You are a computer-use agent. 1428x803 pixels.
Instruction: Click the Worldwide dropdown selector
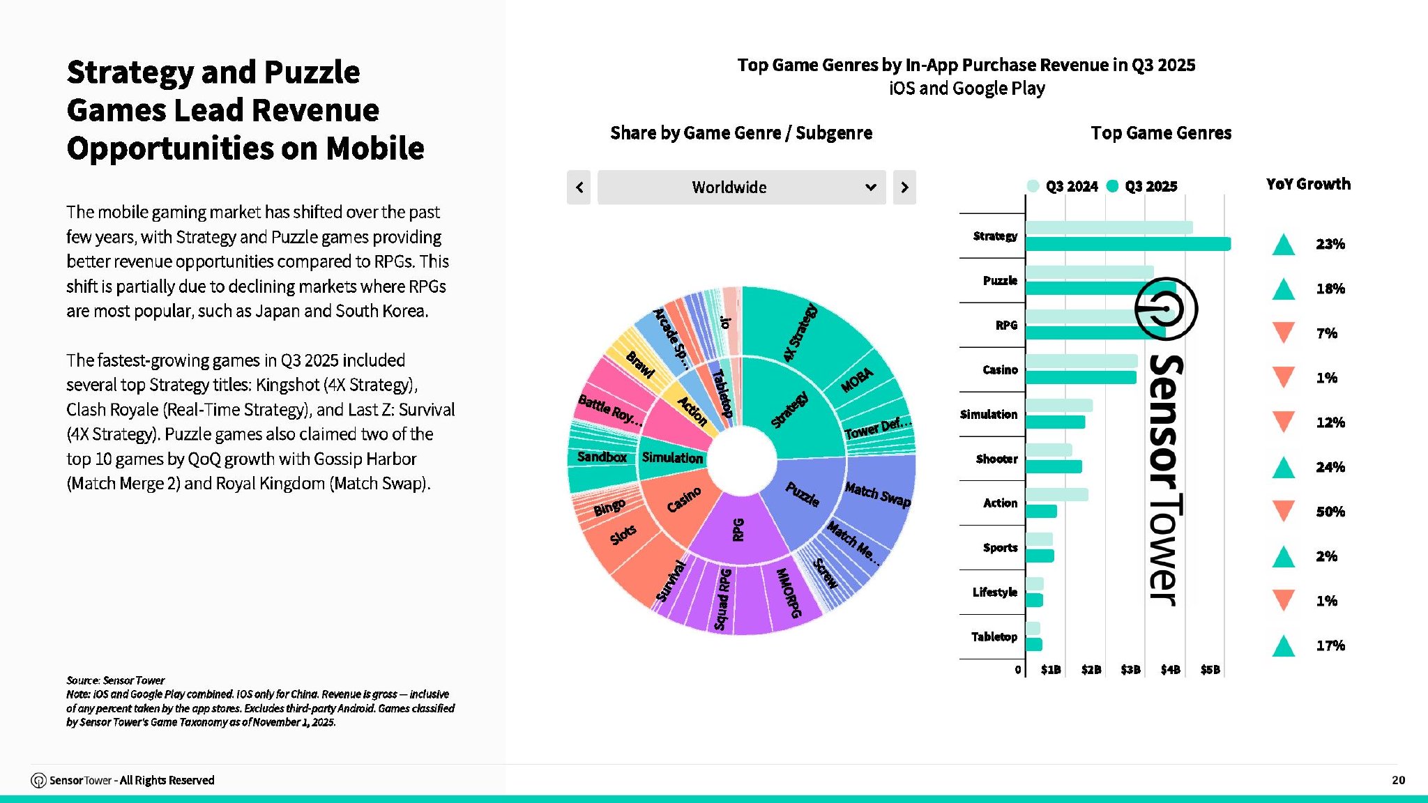click(741, 188)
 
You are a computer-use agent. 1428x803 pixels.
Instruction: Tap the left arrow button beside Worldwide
click(579, 188)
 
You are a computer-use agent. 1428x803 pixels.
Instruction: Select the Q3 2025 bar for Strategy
click(1127, 244)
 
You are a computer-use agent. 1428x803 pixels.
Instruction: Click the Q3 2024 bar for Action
click(1056, 495)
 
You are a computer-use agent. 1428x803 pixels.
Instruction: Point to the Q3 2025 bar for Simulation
click(1055, 422)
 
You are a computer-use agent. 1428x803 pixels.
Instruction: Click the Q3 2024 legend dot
click(1033, 186)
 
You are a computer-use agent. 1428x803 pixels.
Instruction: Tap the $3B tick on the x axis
click(1130, 670)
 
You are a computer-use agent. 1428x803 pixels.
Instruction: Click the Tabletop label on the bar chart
click(994, 636)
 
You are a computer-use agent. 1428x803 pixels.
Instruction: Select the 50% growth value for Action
click(1330, 512)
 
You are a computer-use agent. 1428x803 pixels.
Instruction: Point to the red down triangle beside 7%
click(1283, 332)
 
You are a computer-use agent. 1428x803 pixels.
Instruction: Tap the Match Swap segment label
click(877, 494)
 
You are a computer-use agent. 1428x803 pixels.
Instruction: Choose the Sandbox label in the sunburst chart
click(602, 457)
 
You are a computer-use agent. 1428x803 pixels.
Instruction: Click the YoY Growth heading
click(1308, 184)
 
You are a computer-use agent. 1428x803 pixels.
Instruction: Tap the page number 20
click(1398, 780)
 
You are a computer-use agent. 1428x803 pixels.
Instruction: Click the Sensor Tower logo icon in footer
click(38, 781)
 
